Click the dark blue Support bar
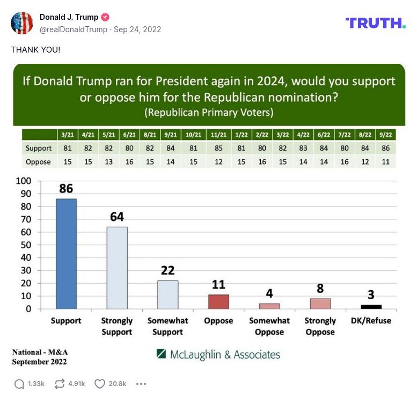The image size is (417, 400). click(66, 254)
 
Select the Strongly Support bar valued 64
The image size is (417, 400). click(117, 268)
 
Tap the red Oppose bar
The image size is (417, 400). click(218, 302)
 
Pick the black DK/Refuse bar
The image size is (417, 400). click(371, 307)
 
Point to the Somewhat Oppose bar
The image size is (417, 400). click(269, 306)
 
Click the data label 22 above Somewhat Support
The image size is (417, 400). click(167, 271)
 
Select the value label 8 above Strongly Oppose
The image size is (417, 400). click(320, 289)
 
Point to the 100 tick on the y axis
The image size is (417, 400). click(24, 181)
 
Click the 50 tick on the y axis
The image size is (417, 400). click(26, 245)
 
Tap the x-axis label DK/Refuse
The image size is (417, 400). click(371, 321)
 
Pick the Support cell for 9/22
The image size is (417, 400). click(385, 148)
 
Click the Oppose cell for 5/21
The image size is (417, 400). click(108, 162)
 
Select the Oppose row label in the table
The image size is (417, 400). click(38, 162)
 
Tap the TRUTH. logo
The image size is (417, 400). click(375, 23)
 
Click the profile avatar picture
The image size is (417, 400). click(22, 23)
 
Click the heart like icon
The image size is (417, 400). click(99, 384)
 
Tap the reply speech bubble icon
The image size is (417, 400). click(19, 384)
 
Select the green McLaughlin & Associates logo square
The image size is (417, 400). click(161, 354)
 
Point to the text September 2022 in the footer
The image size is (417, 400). click(39, 361)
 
